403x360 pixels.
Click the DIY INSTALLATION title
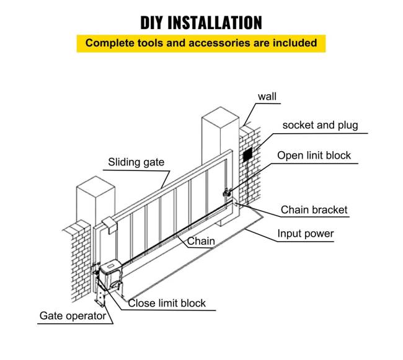coord(201,22)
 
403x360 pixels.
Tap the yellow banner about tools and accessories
coord(201,43)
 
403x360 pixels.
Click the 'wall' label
coord(267,97)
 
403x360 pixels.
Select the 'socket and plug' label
coord(320,125)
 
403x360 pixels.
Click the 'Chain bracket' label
coord(314,210)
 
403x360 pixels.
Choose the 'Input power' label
coord(305,234)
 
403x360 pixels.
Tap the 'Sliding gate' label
coord(136,162)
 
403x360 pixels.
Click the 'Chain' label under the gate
coord(201,241)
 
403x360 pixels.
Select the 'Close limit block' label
coord(167,303)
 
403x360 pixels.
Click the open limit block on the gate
coord(228,194)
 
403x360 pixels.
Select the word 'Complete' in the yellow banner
coord(111,43)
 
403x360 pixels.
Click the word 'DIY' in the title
coord(155,22)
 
